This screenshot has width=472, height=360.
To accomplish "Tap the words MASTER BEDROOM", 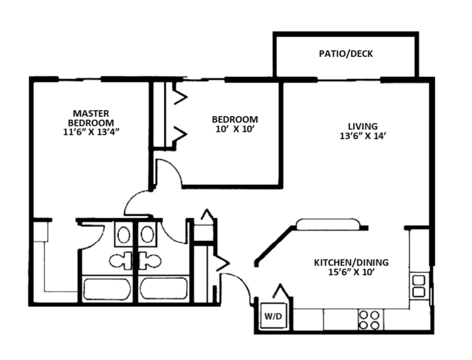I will (91, 117).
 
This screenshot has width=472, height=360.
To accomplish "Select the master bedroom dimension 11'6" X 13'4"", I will (91, 133).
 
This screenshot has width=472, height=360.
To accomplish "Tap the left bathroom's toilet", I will (119, 261).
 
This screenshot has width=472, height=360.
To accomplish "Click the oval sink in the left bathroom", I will (123, 235).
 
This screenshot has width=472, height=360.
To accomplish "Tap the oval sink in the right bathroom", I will (147, 235).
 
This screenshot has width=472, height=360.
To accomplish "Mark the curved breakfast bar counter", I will (328, 224).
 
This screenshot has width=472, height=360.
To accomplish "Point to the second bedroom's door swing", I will (168, 175).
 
